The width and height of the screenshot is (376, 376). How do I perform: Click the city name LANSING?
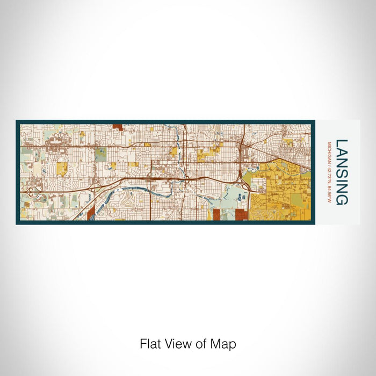(x=342, y=172)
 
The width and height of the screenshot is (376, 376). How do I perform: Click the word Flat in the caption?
(x=149, y=344)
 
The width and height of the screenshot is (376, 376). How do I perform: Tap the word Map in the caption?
(x=225, y=344)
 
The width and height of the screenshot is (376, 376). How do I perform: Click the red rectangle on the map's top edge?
(x=118, y=127)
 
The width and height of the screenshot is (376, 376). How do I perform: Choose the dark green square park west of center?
(x=101, y=155)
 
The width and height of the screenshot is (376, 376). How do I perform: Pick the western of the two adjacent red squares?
(x=216, y=215)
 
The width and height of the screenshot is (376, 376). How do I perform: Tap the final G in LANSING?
(x=342, y=200)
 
